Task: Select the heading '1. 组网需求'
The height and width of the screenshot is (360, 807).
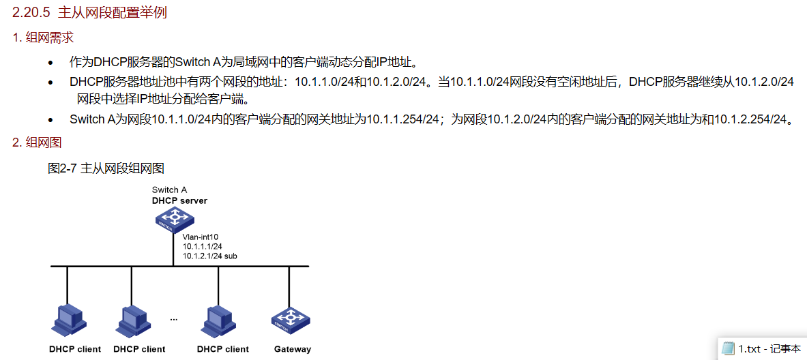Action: point(43,37)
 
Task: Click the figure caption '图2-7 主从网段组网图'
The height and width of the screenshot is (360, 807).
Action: point(106,168)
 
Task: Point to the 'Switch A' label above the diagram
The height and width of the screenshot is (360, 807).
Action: point(169,190)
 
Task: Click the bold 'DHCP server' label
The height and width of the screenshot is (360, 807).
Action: point(179,200)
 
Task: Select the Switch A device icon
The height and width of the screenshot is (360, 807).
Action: point(175,219)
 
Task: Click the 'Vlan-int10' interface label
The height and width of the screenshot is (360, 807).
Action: point(200,237)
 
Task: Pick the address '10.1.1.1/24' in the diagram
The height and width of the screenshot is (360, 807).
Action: point(203,246)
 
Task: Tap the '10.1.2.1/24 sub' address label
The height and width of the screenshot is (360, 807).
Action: point(209,256)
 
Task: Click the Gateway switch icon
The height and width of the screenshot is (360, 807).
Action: point(291,319)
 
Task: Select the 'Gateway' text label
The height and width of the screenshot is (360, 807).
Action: point(293,349)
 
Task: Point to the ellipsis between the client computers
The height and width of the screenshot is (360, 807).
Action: point(173,319)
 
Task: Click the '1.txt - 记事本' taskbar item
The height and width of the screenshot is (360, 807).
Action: point(762,348)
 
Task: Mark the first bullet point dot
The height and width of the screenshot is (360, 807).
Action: point(50,63)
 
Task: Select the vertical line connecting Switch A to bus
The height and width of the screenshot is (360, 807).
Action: point(175,249)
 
